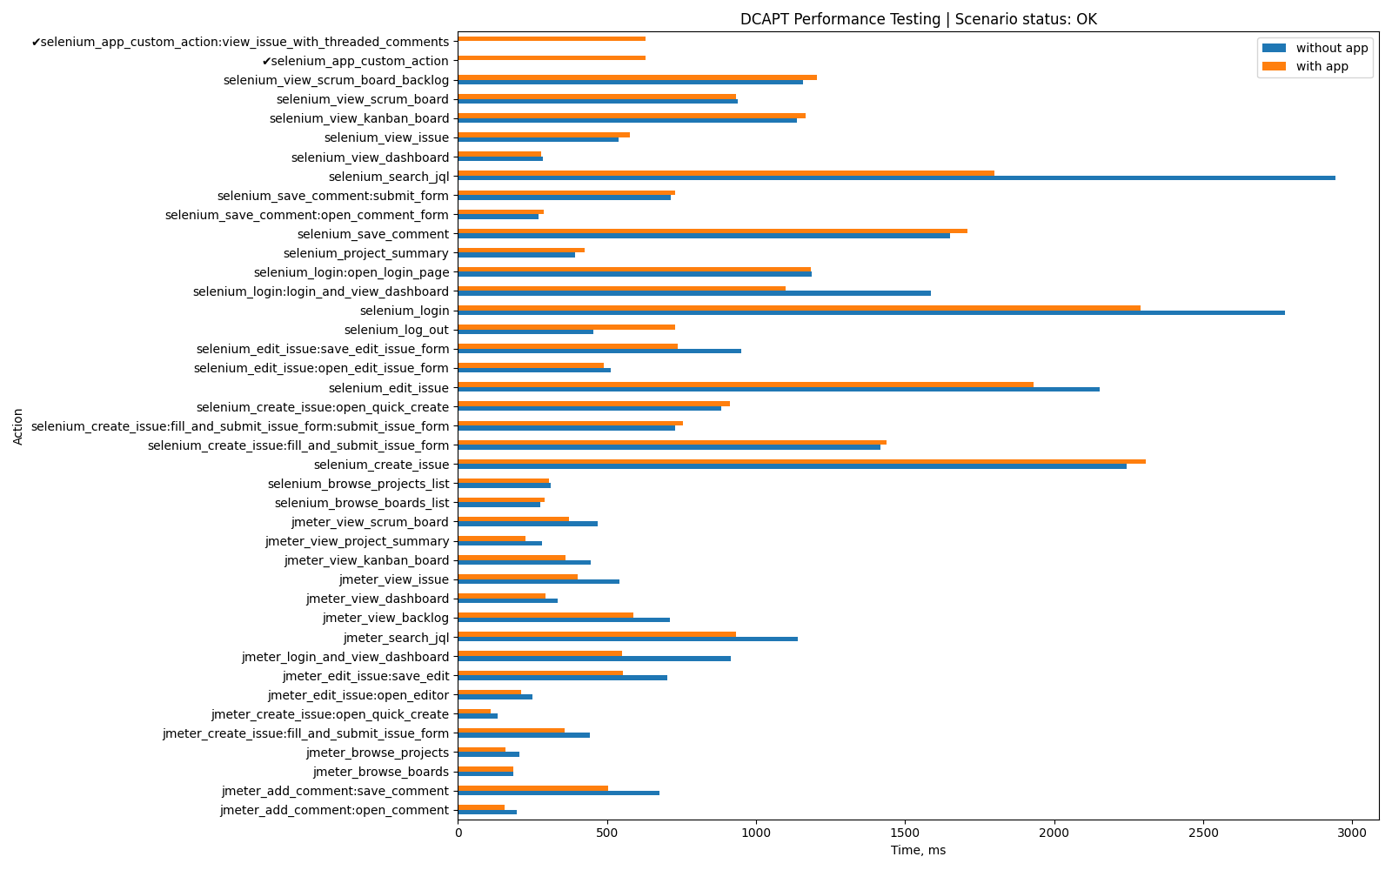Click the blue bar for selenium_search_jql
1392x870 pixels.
pos(896,178)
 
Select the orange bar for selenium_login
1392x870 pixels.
pos(799,308)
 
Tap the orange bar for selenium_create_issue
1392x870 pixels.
pos(801,462)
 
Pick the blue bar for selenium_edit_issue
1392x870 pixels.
pos(779,390)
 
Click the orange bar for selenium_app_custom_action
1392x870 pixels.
pos(552,57)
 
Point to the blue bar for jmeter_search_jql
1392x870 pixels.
pos(627,639)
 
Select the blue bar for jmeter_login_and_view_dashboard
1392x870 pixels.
pos(594,659)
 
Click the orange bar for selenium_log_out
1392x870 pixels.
pos(566,327)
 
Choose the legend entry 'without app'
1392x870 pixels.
pos(1331,48)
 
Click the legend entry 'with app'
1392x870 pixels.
pos(1322,66)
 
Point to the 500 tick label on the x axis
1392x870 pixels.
pos(607,833)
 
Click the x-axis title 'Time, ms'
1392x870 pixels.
pos(918,850)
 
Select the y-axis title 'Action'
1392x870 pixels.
pos(18,426)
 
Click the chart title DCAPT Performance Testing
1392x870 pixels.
pos(918,19)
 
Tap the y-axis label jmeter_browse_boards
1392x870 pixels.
pos(380,772)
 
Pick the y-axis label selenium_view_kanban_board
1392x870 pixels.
pos(359,118)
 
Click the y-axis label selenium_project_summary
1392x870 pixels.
pos(365,253)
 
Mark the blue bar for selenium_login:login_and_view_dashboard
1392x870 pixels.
pos(694,293)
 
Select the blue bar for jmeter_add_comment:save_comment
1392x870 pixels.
pos(559,793)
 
